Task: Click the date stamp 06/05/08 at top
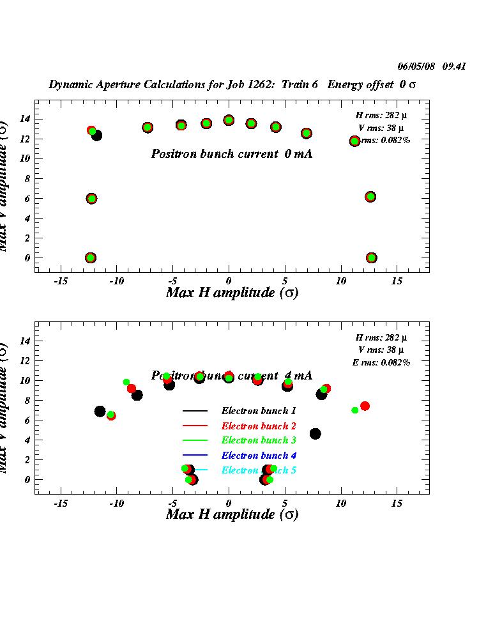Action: tap(416, 66)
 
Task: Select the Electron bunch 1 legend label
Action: tap(259, 410)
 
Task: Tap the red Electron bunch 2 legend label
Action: tap(259, 426)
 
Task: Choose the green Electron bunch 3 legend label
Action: tap(259, 440)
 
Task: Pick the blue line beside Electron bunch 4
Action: tap(195, 455)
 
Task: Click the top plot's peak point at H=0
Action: tap(229, 120)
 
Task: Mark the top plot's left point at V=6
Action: tap(91, 198)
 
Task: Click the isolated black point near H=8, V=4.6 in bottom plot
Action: tap(315, 434)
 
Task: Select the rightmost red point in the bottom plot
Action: tap(365, 406)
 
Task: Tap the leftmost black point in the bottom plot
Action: tap(100, 412)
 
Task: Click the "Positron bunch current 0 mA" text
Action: tap(231, 154)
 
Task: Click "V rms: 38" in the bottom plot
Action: tap(381, 350)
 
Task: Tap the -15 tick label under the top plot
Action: tap(61, 281)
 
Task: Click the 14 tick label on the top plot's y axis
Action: tap(25, 119)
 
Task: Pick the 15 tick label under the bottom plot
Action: tap(397, 503)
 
